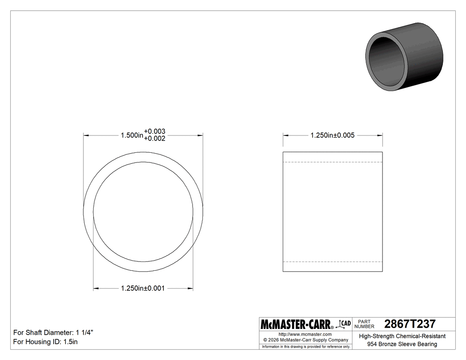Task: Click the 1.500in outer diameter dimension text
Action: click(132, 135)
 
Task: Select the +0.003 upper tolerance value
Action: click(154, 131)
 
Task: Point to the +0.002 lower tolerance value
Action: click(154, 138)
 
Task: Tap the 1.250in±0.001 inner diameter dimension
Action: click(143, 289)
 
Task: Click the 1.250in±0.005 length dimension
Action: click(332, 135)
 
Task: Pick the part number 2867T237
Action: click(410, 324)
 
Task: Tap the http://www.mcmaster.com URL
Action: click(305, 334)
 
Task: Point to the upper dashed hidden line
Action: click(332, 162)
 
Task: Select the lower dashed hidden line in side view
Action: click(332, 261)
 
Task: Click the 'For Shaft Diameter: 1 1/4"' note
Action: click(53, 332)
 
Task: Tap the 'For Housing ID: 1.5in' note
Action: click(45, 342)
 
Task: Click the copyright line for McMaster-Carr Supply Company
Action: click(305, 340)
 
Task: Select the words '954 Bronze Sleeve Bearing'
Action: click(402, 344)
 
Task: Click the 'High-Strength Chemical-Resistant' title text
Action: click(402, 336)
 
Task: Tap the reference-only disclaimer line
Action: click(306, 346)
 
